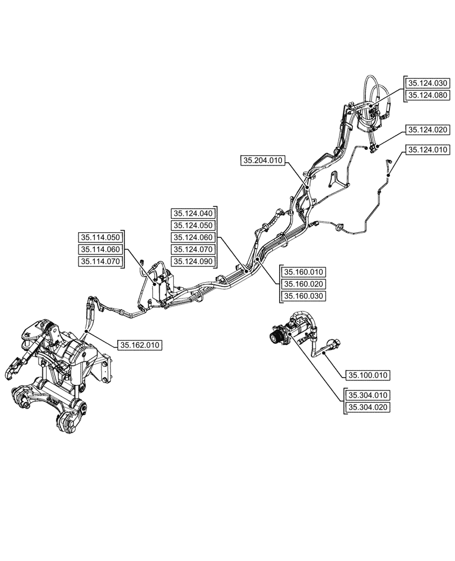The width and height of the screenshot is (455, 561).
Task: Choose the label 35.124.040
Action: (193, 213)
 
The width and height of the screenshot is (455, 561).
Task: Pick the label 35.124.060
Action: (193, 237)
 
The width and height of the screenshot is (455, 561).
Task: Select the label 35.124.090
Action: (193, 261)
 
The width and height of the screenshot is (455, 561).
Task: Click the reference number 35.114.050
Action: (100, 237)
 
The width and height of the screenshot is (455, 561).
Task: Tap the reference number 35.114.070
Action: (100, 261)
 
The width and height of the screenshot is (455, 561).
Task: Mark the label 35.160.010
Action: (304, 272)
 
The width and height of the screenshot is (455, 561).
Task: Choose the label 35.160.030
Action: (304, 296)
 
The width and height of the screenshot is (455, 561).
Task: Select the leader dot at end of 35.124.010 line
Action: (388, 175)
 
